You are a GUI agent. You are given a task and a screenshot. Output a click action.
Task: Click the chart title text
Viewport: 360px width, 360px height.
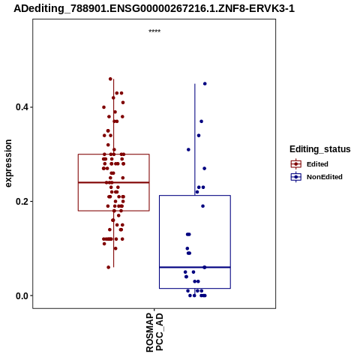[x=154, y=8]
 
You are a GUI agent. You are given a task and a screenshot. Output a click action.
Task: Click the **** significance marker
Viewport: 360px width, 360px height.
[x=154, y=31]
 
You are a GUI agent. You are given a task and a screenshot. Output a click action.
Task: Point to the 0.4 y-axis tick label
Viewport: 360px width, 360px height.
[x=20, y=107]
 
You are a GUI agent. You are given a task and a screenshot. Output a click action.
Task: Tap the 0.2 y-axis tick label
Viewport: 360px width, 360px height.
[x=20, y=202]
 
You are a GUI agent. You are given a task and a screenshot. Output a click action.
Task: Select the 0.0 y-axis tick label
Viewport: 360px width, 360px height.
[x=20, y=295]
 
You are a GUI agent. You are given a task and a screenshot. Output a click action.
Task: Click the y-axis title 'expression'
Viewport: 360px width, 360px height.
[x=8, y=163]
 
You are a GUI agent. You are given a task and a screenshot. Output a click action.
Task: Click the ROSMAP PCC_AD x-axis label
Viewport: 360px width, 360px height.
[x=154, y=332]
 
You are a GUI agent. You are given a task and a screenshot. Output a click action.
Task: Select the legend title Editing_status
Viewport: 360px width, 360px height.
[x=320, y=149]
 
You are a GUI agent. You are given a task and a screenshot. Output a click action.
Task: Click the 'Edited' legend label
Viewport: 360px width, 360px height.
[x=317, y=164]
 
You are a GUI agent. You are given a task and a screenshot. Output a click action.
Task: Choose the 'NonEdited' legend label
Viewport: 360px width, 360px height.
[x=325, y=177]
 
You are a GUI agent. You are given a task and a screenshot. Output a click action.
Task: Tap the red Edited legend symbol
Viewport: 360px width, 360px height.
[x=296, y=164]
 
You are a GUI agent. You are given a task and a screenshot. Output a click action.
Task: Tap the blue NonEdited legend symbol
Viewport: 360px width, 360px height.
[x=296, y=177]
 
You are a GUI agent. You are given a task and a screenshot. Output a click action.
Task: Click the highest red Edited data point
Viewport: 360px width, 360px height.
[x=110, y=79]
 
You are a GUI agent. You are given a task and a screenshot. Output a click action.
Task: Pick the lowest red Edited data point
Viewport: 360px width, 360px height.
[x=109, y=267]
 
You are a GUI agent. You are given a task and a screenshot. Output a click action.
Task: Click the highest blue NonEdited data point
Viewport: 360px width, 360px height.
[x=205, y=84]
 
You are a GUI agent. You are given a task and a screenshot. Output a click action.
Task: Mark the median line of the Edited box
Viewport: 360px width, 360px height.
[x=114, y=182]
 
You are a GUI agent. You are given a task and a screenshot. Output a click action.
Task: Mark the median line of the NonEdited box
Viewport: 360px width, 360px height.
[x=195, y=267]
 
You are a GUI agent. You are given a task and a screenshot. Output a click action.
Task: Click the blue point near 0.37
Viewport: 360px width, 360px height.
[x=201, y=121]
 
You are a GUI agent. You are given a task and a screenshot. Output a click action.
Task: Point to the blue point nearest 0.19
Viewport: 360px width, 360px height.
[x=202, y=206]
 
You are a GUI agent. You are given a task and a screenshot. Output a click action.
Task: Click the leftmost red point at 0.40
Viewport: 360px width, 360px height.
[x=104, y=107]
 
